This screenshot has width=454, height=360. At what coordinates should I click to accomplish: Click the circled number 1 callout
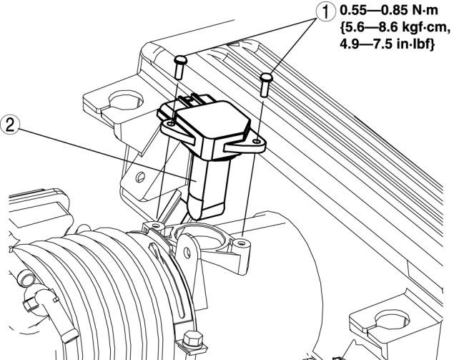click(x=325, y=12)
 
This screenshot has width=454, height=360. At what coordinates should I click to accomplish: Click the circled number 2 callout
click(x=9, y=125)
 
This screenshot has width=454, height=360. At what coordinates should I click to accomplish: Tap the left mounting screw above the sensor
click(x=179, y=67)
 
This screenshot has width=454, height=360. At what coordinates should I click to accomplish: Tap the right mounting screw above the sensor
click(x=266, y=84)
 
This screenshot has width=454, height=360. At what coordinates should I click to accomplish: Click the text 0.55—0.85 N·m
click(x=389, y=11)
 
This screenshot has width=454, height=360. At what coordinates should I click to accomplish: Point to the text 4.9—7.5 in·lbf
click(x=387, y=44)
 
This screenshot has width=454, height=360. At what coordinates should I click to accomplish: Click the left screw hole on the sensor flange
click(x=172, y=124)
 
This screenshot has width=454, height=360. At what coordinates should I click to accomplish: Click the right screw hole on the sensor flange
click(x=257, y=141)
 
